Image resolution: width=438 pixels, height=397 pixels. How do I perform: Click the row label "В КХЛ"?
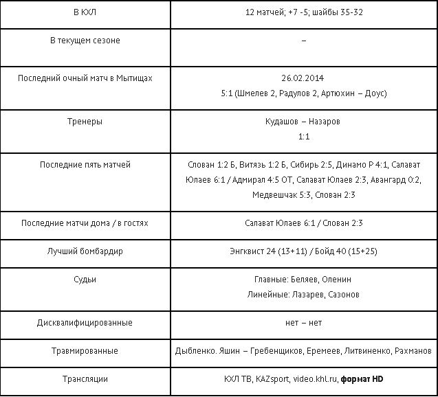[85, 14]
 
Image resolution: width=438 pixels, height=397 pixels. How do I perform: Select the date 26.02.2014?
[303, 78]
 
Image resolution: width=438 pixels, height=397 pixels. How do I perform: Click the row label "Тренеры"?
[85, 122]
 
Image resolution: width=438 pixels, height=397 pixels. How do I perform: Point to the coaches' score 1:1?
[303, 137]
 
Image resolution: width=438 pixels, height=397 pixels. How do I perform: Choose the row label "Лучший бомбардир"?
[85, 251]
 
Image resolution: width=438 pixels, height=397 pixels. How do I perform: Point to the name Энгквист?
[248, 251]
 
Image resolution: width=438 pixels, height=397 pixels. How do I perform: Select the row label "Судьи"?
[85, 280]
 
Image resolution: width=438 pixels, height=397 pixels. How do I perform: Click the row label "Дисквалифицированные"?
[85, 323]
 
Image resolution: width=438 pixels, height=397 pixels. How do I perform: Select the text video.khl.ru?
[314, 378]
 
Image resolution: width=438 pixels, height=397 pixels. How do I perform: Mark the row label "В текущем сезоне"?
[85, 41]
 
